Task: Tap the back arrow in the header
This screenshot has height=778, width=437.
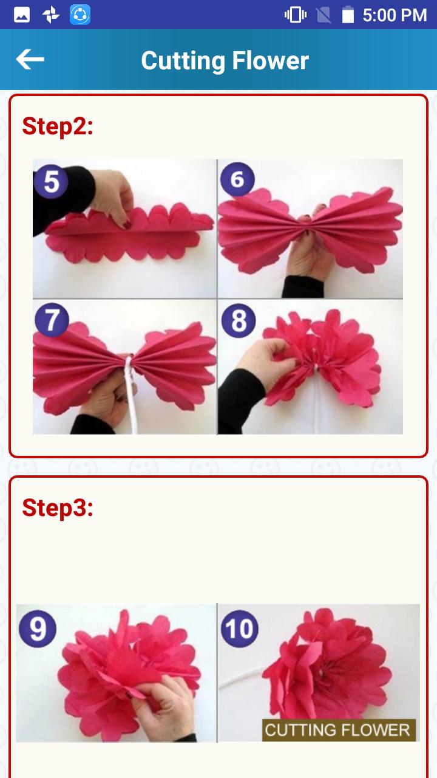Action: [30, 60]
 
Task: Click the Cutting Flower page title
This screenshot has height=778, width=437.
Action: [225, 61]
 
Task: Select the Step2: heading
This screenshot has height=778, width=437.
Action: [58, 126]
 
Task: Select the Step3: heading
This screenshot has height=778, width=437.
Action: [58, 508]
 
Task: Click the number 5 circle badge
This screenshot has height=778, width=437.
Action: [52, 181]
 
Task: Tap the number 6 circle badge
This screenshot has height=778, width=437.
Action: [237, 179]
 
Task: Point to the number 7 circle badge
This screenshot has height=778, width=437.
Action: [52, 320]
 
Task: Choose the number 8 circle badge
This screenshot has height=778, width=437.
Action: [239, 320]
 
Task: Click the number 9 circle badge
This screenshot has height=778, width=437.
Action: [38, 628]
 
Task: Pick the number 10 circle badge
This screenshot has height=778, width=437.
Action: [240, 628]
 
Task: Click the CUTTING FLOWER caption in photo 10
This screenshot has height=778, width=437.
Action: [338, 730]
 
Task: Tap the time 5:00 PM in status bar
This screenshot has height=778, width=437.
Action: [395, 15]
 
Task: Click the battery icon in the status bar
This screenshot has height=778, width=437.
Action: [348, 15]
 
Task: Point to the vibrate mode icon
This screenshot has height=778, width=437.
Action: [296, 15]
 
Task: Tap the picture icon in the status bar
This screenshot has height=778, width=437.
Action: [22, 15]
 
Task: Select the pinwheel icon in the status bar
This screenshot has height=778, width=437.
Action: [51, 15]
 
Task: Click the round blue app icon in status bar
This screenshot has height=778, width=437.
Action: [80, 15]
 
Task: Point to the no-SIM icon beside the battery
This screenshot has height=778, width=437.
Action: [324, 15]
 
